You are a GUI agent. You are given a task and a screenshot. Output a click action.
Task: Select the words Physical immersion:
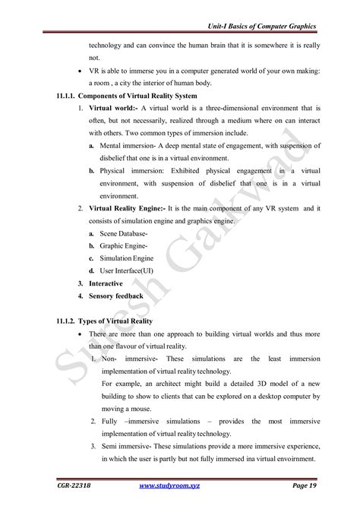pos(134,170)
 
